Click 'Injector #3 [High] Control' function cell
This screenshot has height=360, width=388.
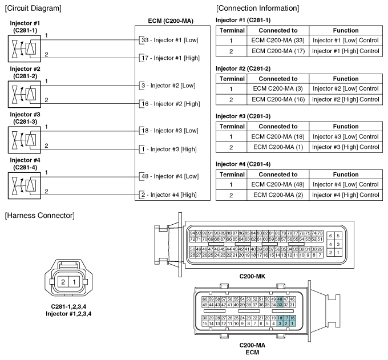pyautogui.click(x=346, y=147)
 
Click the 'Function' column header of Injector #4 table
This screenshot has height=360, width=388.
pyautogui.click(x=346, y=174)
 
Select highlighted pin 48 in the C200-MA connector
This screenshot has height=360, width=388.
pyautogui.click(x=280, y=299)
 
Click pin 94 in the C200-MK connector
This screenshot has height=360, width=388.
pyautogui.click(x=193, y=233)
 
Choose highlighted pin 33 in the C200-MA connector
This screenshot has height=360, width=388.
pyautogui.click(x=280, y=305)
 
